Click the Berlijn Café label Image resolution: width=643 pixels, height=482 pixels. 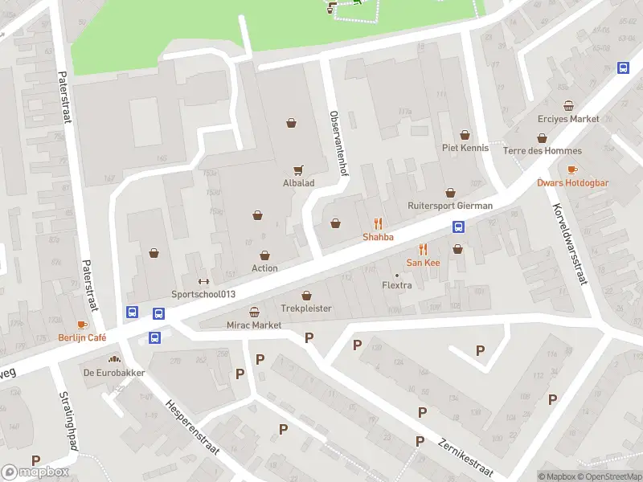tap(82, 338)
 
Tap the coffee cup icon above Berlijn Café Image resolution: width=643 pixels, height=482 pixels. tap(82, 325)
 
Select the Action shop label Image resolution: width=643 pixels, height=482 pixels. tap(264, 268)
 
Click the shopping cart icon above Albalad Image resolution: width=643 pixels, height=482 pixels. tap(299, 170)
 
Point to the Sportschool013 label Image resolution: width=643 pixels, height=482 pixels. tap(203, 294)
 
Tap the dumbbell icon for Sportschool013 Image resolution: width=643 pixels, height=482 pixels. tap(203, 281)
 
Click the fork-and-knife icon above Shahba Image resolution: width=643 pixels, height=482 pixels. tap(378, 223)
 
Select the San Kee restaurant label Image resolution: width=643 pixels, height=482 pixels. tap(422, 263)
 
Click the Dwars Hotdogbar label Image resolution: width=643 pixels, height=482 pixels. tap(572, 182)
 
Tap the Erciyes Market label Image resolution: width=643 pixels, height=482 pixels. tap(568, 119)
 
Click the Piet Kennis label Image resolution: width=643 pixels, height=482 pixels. tap(465, 148)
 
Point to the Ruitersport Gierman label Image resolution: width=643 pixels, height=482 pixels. tap(449, 205)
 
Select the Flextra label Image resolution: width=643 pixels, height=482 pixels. tap(397, 285)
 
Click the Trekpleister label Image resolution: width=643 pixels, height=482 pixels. tap(305, 308)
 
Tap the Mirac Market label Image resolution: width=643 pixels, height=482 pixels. tap(255, 325)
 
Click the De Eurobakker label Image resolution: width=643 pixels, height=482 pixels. tap(113, 373)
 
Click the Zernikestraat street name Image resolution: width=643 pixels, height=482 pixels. tap(465, 455)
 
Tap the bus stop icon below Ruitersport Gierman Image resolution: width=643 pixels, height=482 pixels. tap(459, 227)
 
